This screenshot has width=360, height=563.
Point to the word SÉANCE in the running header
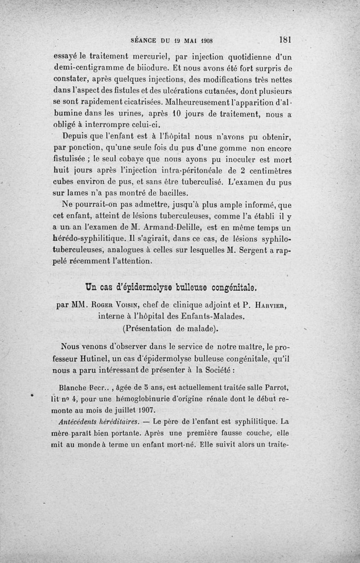click(x=143, y=40)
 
